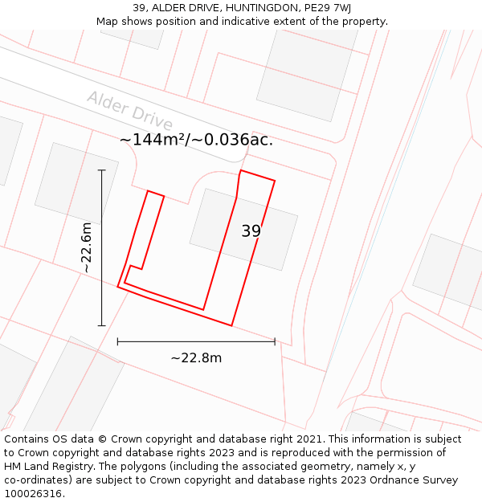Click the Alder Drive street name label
(129, 111)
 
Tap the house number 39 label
(251, 231)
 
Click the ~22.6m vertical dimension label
(87, 248)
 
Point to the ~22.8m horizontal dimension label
(196, 358)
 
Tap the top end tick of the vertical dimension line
(101, 170)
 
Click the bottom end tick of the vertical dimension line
(101, 325)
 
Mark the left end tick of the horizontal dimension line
(118, 341)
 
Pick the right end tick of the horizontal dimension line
(275, 341)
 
